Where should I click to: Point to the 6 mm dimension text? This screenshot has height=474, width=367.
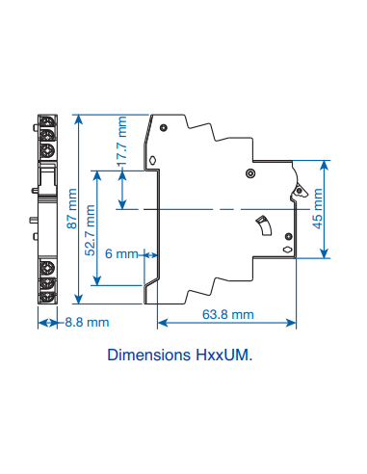[x=120, y=254]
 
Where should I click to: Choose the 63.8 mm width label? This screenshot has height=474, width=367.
[x=228, y=314]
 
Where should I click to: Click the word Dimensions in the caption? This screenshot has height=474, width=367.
[x=144, y=355]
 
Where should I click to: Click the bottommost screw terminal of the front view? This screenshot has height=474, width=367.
[x=46, y=297]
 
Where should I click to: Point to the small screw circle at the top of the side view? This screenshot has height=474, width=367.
[x=166, y=126]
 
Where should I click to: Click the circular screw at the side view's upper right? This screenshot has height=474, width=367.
[x=250, y=173]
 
